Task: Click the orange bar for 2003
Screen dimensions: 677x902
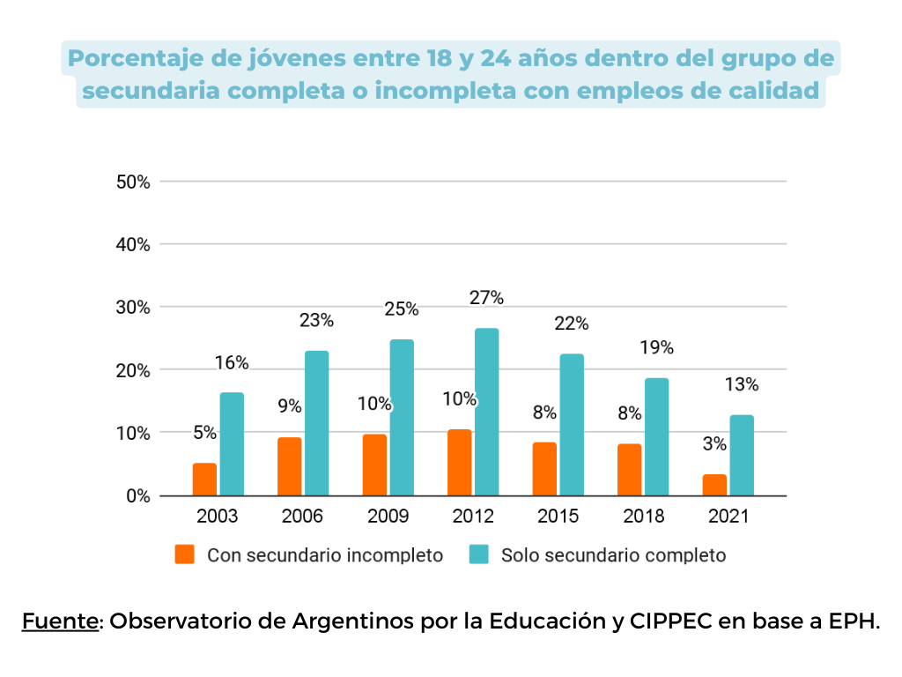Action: (x=204, y=480)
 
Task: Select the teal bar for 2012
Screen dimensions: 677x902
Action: (x=486, y=412)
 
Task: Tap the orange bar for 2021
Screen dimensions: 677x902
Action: (x=714, y=485)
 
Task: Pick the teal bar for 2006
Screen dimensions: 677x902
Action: (x=316, y=423)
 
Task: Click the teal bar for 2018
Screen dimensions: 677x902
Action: (x=656, y=436)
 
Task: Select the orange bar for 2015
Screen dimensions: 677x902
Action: (x=544, y=469)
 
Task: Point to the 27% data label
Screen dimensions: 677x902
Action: (x=486, y=298)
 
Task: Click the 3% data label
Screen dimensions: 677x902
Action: (x=714, y=444)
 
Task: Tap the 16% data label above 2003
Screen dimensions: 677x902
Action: (x=232, y=362)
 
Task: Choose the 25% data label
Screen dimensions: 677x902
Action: (x=401, y=309)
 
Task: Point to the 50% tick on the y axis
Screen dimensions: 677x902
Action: (x=133, y=182)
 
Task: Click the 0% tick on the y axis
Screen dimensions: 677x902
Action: (x=137, y=496)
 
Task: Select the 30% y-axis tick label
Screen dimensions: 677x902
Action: (x=133, y=308)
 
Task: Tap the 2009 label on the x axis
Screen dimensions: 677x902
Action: (x=388, y=517)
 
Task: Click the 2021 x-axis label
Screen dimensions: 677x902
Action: (x=728, y=517)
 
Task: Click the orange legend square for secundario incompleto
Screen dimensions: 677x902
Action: (x=184, y=554)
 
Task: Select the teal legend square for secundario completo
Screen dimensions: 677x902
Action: (x=478, y=554)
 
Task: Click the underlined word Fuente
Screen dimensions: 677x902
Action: (x=60, y=621)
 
